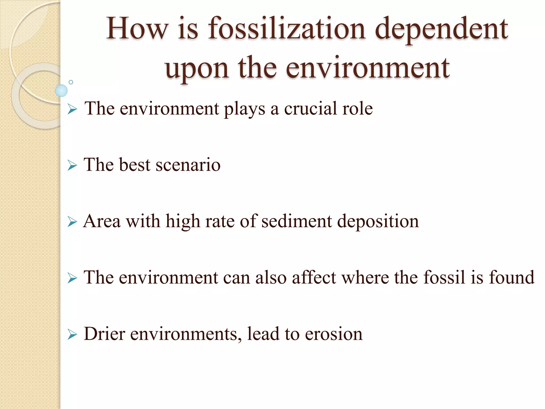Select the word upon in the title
click(x=197, y=69)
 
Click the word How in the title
click(x=137, y=28)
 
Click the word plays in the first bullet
click(x=245, y=109)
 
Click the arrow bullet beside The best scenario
click(x=72, y=165)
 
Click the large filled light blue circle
click(x=61, y=91)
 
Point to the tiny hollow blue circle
click(x=71, y=82)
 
